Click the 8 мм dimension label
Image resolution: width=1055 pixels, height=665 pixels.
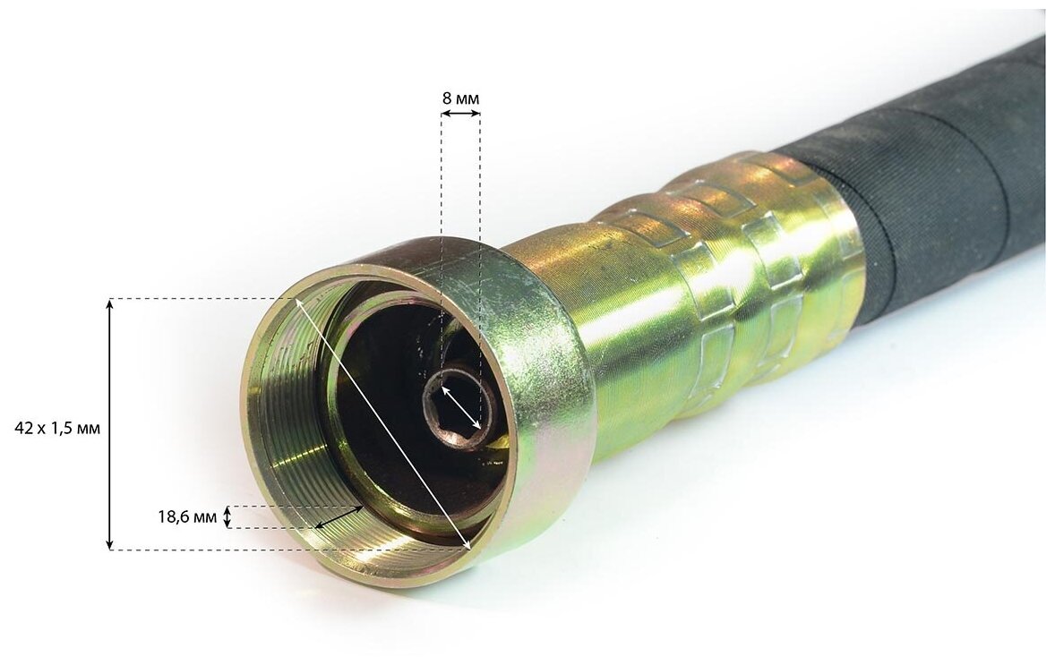point(461,98)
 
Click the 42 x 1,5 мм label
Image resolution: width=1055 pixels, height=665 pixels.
point(57,429)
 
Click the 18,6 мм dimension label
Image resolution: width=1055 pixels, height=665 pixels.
point(188,517)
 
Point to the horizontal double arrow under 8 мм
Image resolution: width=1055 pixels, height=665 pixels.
point(461,115)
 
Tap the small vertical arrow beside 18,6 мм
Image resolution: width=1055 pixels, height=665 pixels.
point(228,517)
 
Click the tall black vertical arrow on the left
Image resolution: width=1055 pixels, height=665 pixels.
point(110,424)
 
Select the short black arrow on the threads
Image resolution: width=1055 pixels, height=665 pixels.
point(338,517)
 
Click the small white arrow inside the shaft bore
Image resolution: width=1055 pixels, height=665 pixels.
point(461,407)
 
